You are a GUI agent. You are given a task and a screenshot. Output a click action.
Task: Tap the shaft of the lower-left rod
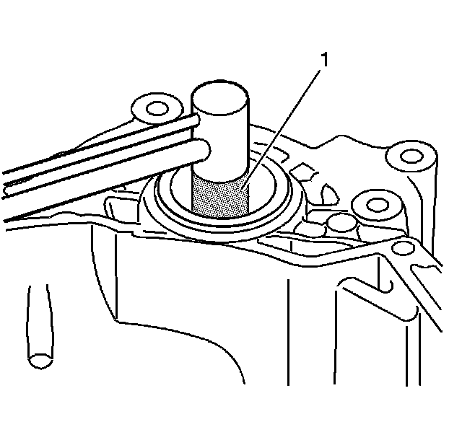(x=36, y=317)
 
